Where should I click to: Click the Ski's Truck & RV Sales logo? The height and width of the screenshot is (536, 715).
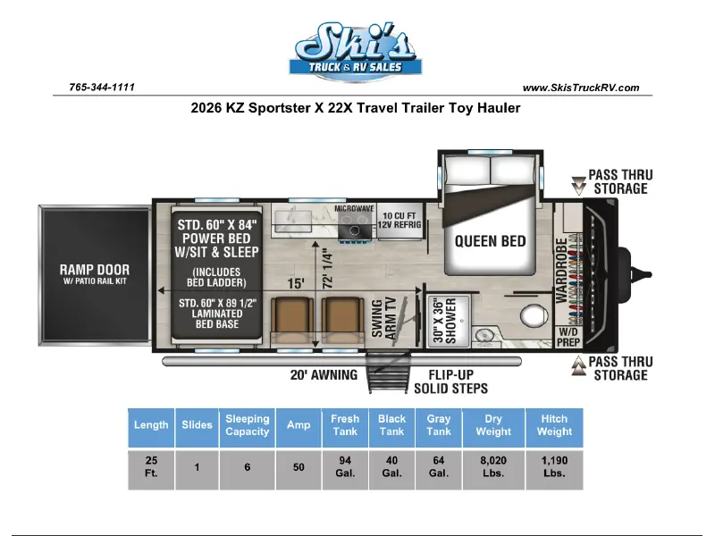coord(355,52)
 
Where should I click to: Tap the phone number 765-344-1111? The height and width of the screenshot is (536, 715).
coord(102,87)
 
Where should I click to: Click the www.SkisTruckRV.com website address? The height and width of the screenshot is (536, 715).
coord(580,88)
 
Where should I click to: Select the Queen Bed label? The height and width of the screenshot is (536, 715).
coord(490,241)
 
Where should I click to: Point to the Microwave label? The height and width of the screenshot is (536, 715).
coord(354,208)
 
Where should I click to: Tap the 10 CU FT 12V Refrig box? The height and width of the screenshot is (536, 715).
coord(400,220)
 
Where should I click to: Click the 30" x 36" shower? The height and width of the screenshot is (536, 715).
coord(449,321)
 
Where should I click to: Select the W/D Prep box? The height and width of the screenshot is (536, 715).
coord(568,337)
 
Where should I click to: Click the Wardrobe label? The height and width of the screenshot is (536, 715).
coord(562,270)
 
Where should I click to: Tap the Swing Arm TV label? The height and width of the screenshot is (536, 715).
coord(383,319)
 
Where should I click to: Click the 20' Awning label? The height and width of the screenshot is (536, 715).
coord(324,375)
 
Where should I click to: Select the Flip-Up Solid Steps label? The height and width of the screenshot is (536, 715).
coord(451,381)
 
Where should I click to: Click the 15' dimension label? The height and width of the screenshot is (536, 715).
coord(296,283)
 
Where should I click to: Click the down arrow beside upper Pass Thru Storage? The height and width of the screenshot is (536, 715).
coord(578,186)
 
